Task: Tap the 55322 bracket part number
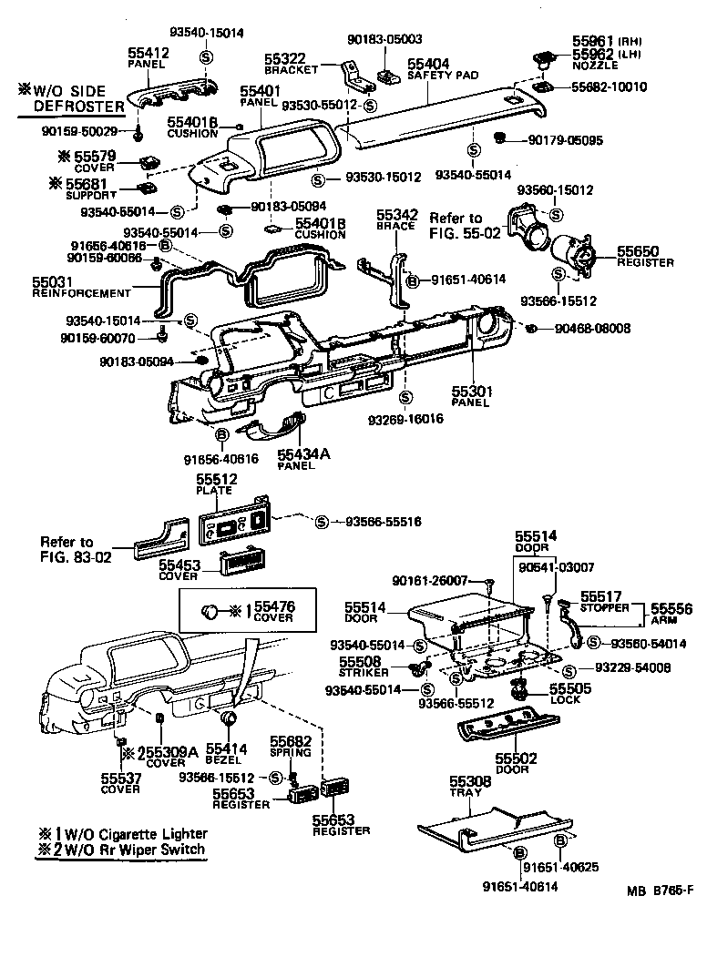point(286,57)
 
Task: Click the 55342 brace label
point(397,215)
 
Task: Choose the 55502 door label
point(516,758)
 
